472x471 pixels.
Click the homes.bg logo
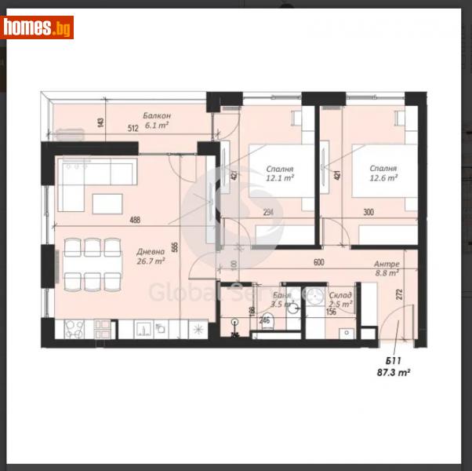point(38,28)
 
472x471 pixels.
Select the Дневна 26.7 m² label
point(150,256)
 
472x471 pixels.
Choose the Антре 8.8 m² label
point(387,268)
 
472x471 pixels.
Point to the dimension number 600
point(319,264)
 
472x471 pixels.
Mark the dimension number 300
point(368,212)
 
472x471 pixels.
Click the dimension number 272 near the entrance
point(378,295)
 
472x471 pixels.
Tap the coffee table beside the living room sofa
point(107,203)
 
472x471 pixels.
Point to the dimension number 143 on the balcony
point(101,122)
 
